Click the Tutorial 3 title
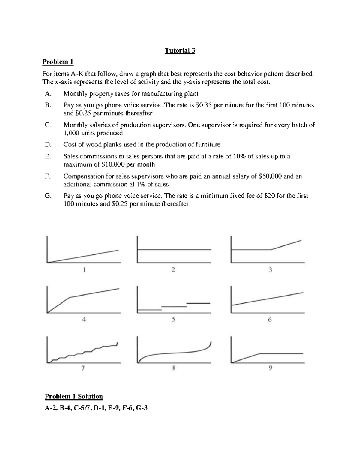pyautogui.click(x=180, y=50)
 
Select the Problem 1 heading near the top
pyautogui.click(x=58, y=62)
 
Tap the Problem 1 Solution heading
pyautogui.click(x=74, y=396)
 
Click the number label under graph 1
pyautogui.click(x=84, y=270)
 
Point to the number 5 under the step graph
pyautogui.click(x=173, y=320)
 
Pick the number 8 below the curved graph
pyautogui.click(x=174, y=368)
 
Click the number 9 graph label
pyautogui.click(x=270, y=368)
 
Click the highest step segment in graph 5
pyautogui.click(x=198, y=303)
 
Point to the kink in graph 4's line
pyautogui.click(x=70, y=297)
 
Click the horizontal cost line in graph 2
pyautogui.click(x=174, y=249)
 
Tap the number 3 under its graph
pyautogui.click(x=270, y=270)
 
